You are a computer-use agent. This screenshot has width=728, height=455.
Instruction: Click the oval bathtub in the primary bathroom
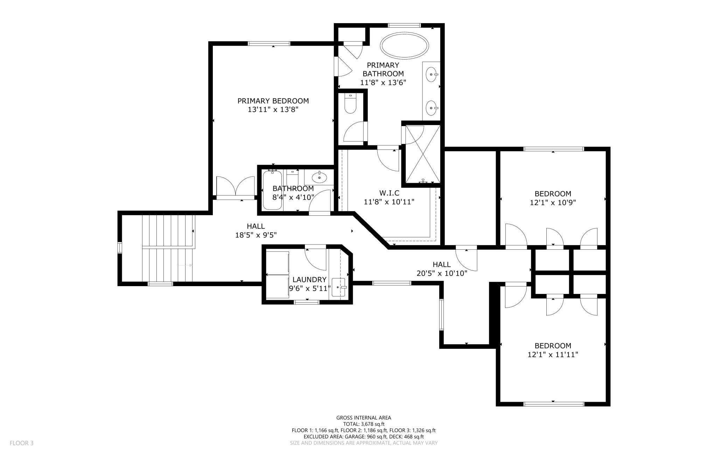click(404, 46)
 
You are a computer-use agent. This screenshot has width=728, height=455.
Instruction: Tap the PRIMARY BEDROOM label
click(273, 101)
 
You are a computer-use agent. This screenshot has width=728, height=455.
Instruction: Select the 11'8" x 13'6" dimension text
click(383, 82)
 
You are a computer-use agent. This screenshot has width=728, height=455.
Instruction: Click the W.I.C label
click(389, 193)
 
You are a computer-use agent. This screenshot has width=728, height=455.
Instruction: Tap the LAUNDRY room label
click(309, 280)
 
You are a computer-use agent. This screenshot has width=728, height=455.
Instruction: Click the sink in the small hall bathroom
click(319, 177)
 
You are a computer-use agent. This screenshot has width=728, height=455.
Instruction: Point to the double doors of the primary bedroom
click(235, 188)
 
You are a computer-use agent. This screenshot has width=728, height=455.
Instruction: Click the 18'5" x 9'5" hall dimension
click(256, 235)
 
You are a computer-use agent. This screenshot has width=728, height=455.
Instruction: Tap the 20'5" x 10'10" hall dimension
click(442, 273)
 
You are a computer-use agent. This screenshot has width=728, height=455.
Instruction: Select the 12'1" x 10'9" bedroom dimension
click(553, 202)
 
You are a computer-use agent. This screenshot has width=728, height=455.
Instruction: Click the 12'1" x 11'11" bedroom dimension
click(553, 354)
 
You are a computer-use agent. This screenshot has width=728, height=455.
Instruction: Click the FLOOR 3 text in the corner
click(21, 443)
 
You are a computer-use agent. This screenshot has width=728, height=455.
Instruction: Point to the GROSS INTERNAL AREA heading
click(364, 418)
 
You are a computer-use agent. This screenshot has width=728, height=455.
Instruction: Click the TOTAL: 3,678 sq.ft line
click(364, 424)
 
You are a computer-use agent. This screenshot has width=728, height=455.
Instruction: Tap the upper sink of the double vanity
click(432, 74)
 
